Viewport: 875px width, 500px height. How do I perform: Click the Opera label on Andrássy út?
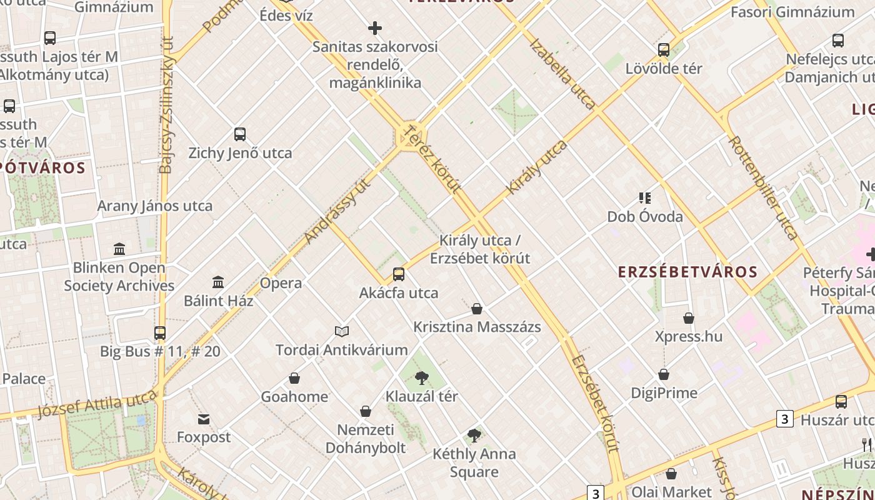[281, 283]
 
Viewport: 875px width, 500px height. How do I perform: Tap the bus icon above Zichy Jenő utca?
[240, 134]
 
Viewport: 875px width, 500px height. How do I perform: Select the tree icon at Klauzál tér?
[422, 377]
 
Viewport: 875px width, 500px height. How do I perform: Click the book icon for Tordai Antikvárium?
[342, 331]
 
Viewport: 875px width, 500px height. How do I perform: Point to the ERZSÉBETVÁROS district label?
[687, 272]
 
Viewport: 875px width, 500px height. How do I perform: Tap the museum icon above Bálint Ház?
[218, 282]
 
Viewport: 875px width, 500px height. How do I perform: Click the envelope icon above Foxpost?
[204, 419]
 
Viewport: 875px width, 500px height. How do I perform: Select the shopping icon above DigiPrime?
[664, 374]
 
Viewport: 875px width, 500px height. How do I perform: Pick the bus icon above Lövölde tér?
[664, 50]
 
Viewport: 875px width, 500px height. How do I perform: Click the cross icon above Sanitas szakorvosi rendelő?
[375, 28]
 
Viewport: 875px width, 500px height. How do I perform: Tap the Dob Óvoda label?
[645, 217]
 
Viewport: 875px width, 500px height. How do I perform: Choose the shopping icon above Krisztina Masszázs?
[477, 309]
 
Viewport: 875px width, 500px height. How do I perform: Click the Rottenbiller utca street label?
[763, 187]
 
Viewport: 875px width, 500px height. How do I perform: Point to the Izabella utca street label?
[562, 73]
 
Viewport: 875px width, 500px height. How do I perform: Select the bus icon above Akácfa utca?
[399, 274]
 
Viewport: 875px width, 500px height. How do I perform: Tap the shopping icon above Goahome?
[294, 378]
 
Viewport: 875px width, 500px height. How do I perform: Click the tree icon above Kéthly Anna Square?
[474, 436]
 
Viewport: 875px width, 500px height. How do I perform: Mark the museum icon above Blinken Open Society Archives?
[119, 249]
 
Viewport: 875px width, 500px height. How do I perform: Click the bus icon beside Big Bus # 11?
[160, 332]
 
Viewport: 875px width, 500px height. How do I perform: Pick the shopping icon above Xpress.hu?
[689, 318]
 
